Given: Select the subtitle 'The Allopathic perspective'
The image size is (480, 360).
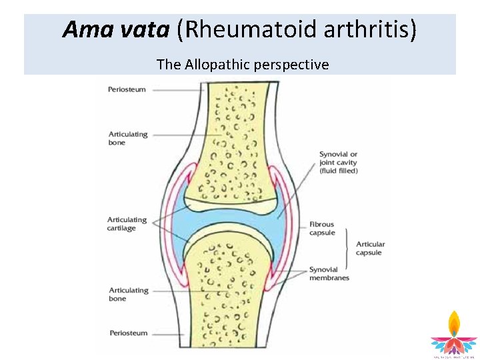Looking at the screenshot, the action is (x=243, y=65).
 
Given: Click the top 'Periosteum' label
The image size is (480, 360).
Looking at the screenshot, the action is (x=127, y=89).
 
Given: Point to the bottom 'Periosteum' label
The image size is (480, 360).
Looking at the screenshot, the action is (x=127, y=332).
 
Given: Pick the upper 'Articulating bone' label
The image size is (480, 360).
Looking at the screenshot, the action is (x=128, y=139).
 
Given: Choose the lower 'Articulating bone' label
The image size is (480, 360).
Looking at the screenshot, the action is (x=128, y=295).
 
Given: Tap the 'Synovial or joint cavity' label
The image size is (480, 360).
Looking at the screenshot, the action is (x=338, y=163).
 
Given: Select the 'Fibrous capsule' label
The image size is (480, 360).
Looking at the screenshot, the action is (x=321, y=229).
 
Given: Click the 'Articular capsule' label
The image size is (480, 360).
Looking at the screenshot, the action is (x=370, y=249).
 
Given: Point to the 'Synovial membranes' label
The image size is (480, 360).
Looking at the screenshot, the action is (x=329, y=274).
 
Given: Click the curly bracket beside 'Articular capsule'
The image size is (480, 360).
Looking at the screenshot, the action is (x=346, y=249).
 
